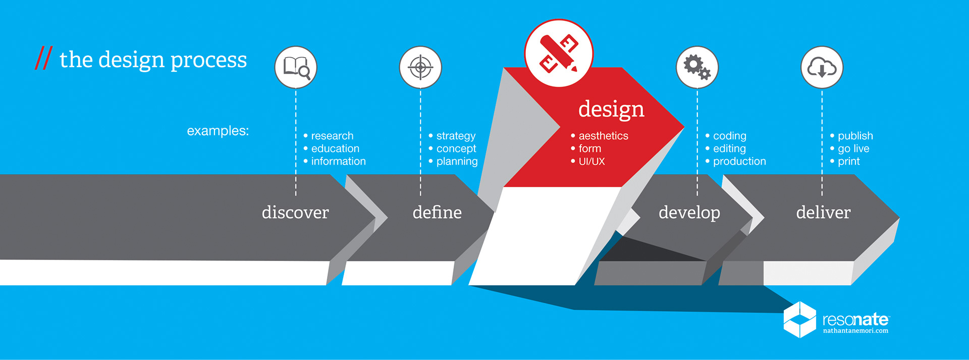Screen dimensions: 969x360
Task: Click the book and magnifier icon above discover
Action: (x=296, y=67)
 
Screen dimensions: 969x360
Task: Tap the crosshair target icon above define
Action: (x=420, y=67)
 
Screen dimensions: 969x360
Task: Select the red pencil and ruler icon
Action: (x=559, y=53)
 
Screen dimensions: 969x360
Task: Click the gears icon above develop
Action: (x=697, y=67)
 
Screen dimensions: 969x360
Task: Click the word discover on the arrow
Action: (x=295, y=212)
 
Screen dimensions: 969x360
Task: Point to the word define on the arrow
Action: (x=437, y=212)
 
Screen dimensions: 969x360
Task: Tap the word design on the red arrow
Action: (x=611, y=110)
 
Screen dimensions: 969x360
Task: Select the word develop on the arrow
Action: (x=689, y=213)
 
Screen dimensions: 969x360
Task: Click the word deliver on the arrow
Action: (x=823, y=212)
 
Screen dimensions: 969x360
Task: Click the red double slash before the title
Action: (x=43, y=58)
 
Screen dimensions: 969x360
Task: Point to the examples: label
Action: (x=218, y=131)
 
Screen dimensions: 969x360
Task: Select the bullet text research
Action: (x=332, y=136)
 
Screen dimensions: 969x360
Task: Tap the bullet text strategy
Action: (x=456, y=136)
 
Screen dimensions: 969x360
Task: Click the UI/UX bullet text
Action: (x=591, y=162)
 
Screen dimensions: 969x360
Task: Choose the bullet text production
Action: (x=739, y=162)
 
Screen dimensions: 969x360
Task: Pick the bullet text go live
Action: (x=853, y=149)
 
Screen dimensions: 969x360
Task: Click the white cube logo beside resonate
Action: (x=799, y=320)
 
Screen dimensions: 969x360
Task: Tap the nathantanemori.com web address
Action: (x=855, y=331)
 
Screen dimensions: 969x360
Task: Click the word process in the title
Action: (x=208, y=61)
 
